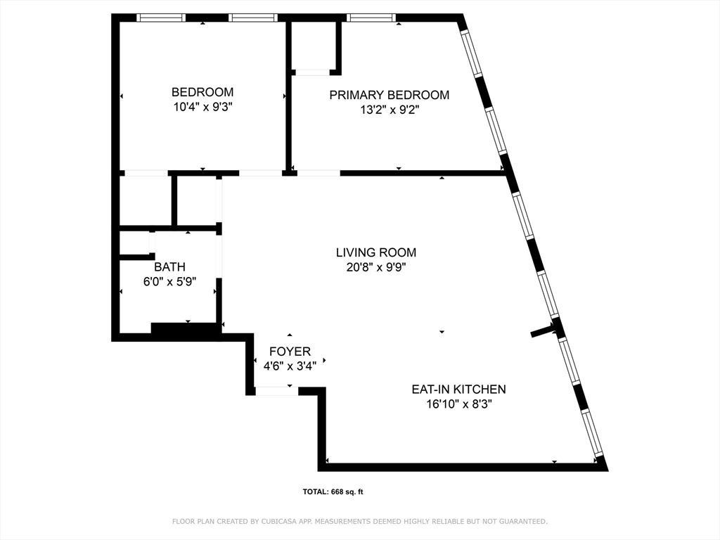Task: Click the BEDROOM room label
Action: point(202,92)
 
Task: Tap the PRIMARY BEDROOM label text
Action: point(389,95)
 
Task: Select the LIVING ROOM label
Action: point(375,252)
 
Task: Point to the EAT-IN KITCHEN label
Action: point(458,389)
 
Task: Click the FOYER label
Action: point(290,352)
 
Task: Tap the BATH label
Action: point(169,266)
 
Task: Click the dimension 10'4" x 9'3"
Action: point(202,108)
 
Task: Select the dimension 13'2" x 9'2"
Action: point(389,110)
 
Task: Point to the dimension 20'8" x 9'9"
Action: point(375,267)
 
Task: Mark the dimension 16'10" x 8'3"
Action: point(458,404)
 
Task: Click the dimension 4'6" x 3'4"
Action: point(290,366)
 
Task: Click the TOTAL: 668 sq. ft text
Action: point(333,492)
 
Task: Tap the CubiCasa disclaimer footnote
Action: point(360,521)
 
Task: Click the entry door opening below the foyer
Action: point(276,391)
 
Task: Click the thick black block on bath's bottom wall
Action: point(184,328)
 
